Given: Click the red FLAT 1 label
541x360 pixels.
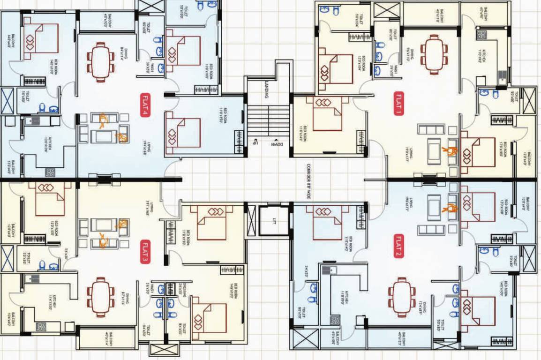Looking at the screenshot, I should coord(398,103).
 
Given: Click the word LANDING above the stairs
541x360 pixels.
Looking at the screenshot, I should coord(266,89).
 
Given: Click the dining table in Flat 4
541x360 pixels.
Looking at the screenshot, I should coord(100,62).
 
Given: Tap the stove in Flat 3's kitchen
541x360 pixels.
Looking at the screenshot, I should coord(41,327).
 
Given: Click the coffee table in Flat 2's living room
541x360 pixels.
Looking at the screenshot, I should coord(434,207).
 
